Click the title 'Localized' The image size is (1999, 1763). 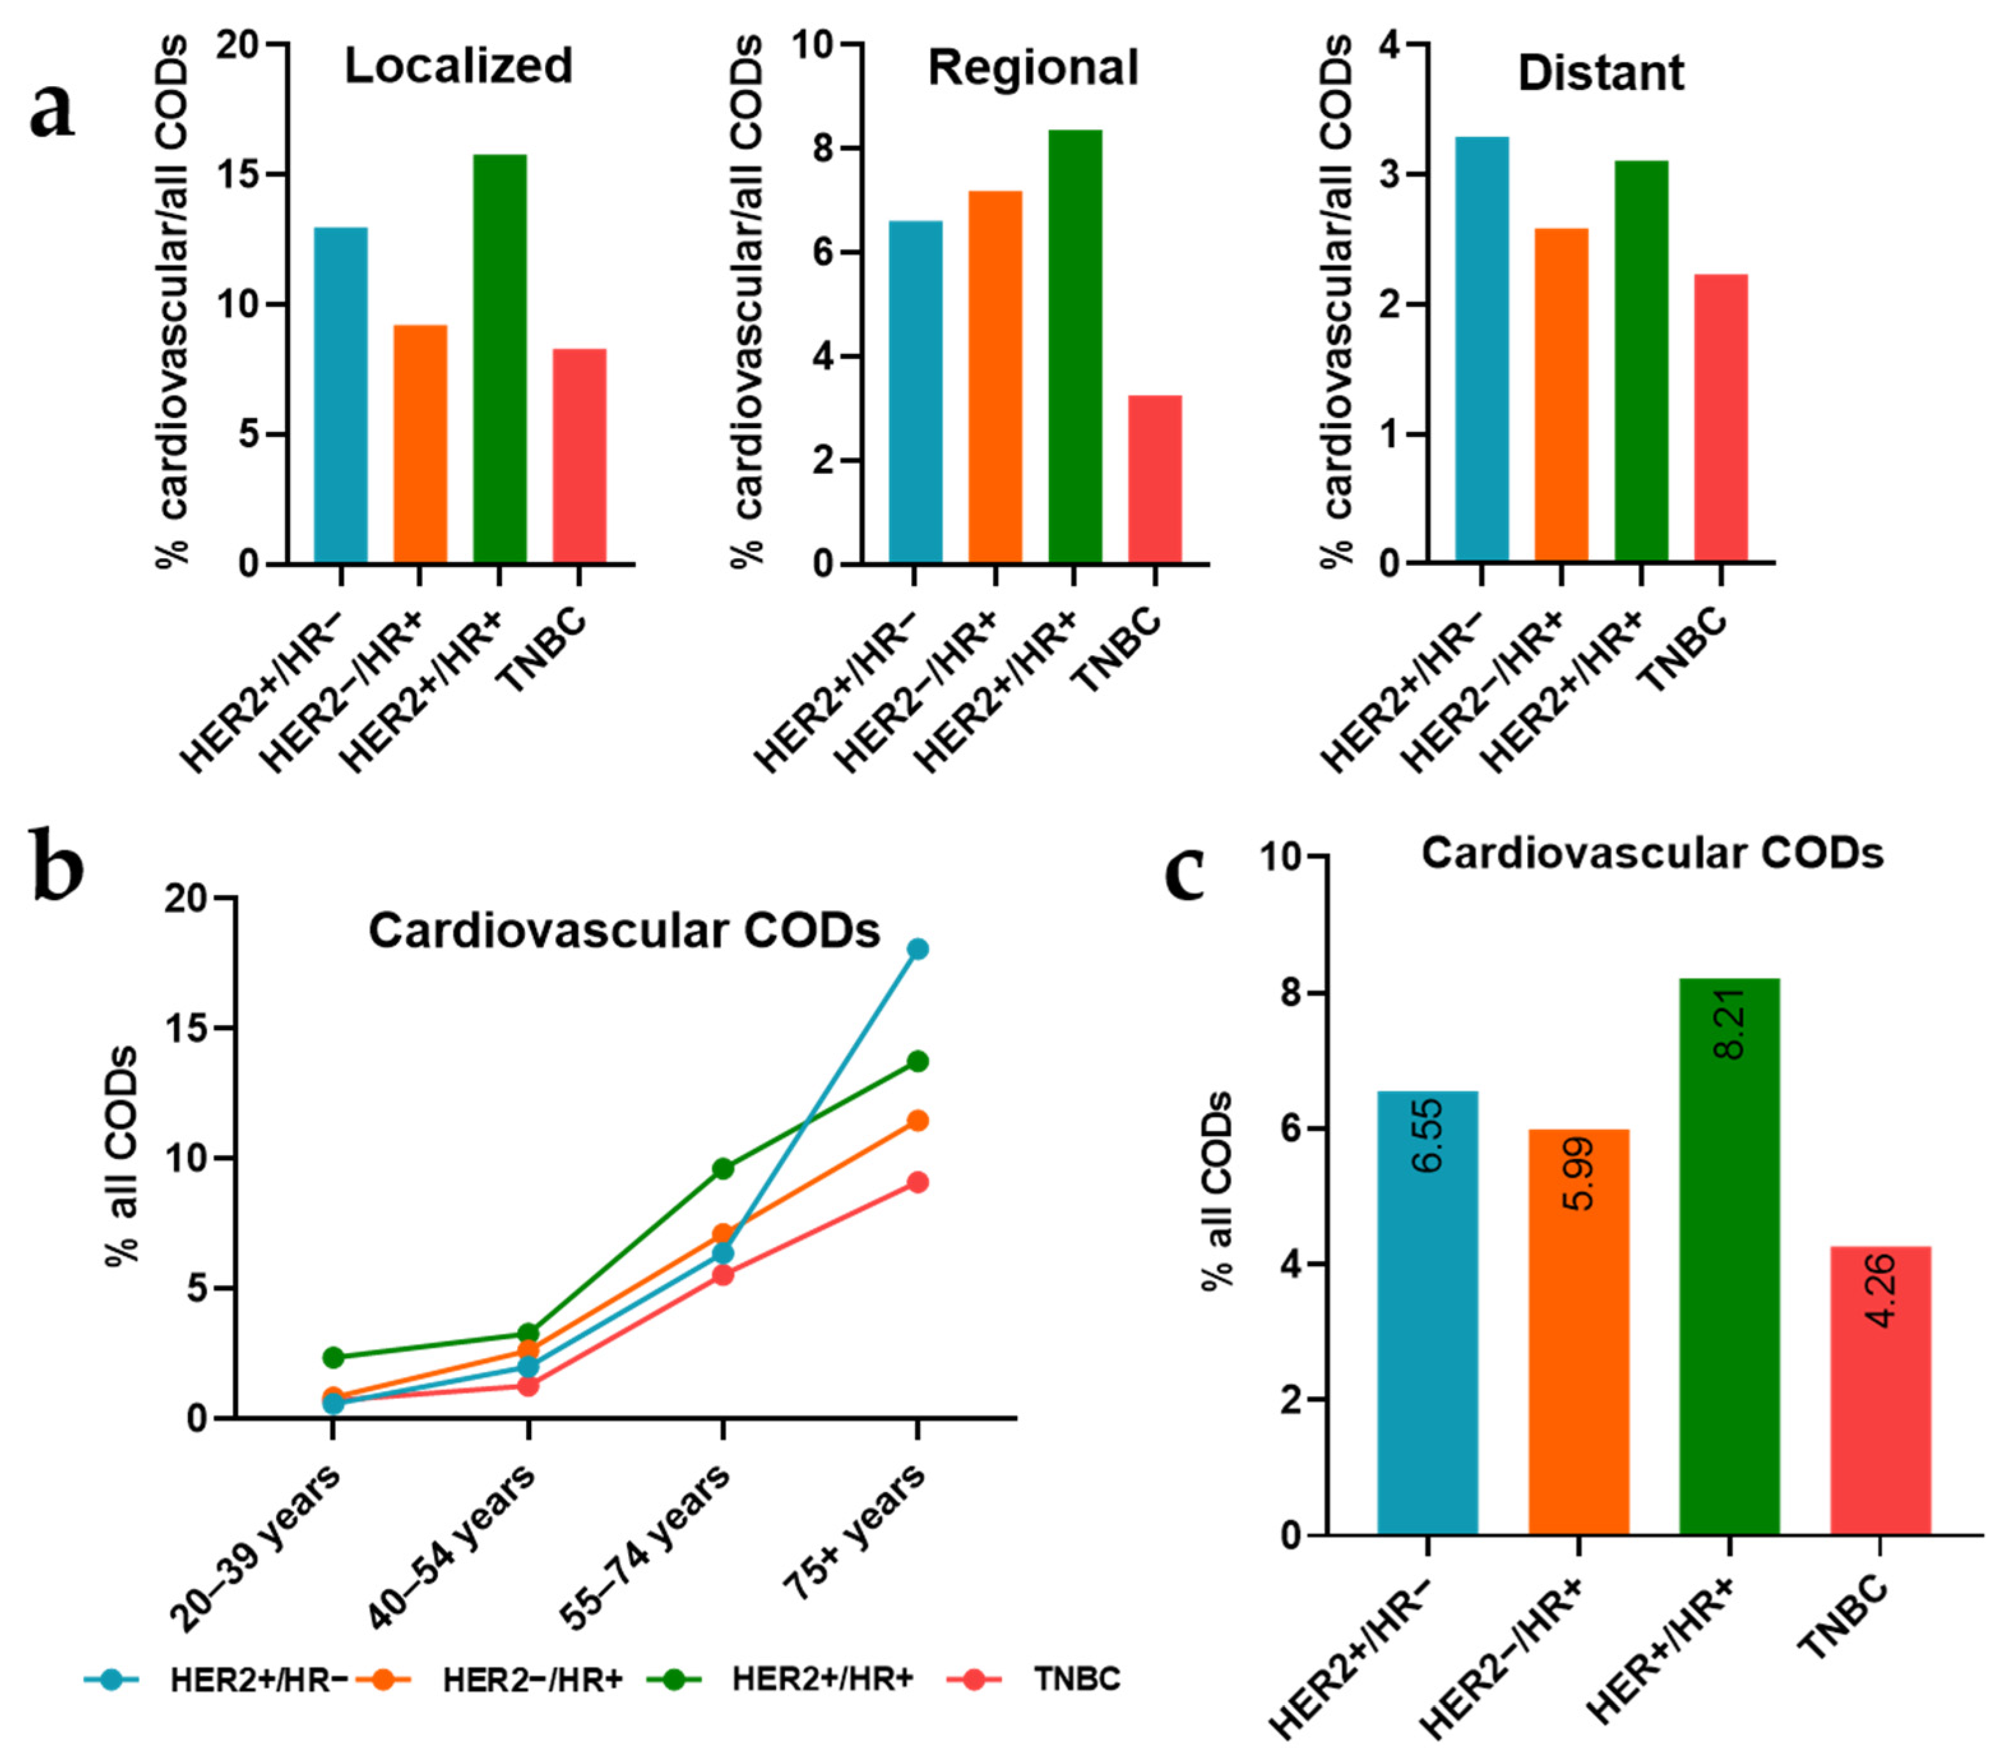click(x=458, y=66)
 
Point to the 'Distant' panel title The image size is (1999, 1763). click(x=1601, y=73)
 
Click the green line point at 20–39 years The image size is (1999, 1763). click(x=333, y=1357)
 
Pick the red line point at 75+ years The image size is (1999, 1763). click(x=918, y=1182)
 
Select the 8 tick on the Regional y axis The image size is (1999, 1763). click(x=819, y=149)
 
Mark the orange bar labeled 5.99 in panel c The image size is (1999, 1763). click(x=1578, y=1331)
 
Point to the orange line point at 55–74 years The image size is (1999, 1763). click(x=722, y=1234)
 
